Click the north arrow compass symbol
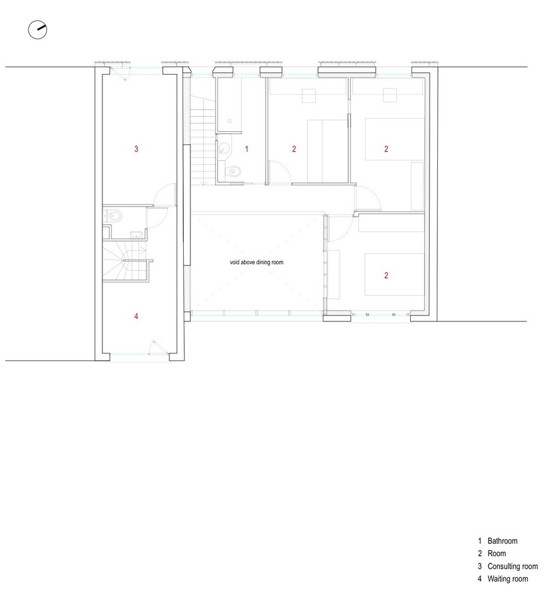pyautogui.click(x=37, y=29)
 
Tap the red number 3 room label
pyautogui.click(x=136, y=148)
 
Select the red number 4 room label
pyautogui.click(x=136, y=315)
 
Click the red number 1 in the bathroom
pyautogui.click(x=246, y=148)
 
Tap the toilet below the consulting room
pyautogui.click(x=116, y=215)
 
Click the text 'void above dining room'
pyautogui.click(x=257, y=262)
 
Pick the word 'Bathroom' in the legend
pyautogui.click(x=502, y=541)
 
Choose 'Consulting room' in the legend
pyautogui.click(x=513, y=566)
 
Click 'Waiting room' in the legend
pyautogui.click(x=508, y=579)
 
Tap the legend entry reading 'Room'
pyautogui.click(x=497, y=554)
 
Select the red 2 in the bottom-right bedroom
pyautogui.click(x=386, y=276)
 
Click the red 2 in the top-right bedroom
pyautogui.click(x=386, y=149)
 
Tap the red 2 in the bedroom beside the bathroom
pyautogui.click(x=294, y=149)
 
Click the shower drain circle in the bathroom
pyautogui.click(x=230, y=120)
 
